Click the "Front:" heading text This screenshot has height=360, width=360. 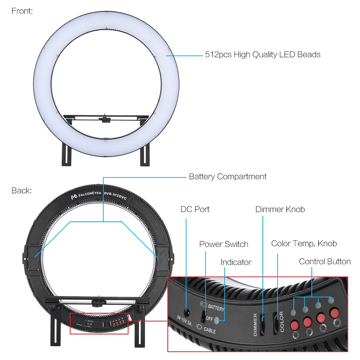[22, 11]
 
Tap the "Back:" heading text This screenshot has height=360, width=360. [22, 190]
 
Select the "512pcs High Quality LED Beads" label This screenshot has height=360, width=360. [262, 55]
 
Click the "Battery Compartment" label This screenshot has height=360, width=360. [228, 177]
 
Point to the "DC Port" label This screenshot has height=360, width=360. [195, 209]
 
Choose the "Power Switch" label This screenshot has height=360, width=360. [224, 244]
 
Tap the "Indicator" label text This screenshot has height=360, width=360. [236, 262]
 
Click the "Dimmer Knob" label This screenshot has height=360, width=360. [280, 209]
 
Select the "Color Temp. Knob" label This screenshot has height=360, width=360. [304, 243]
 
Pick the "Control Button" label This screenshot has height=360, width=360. [324, 261]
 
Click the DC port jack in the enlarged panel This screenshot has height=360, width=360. [187, 312]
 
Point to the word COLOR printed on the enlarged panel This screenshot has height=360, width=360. [282, 321]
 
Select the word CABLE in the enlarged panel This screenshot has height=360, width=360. [209, 329]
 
